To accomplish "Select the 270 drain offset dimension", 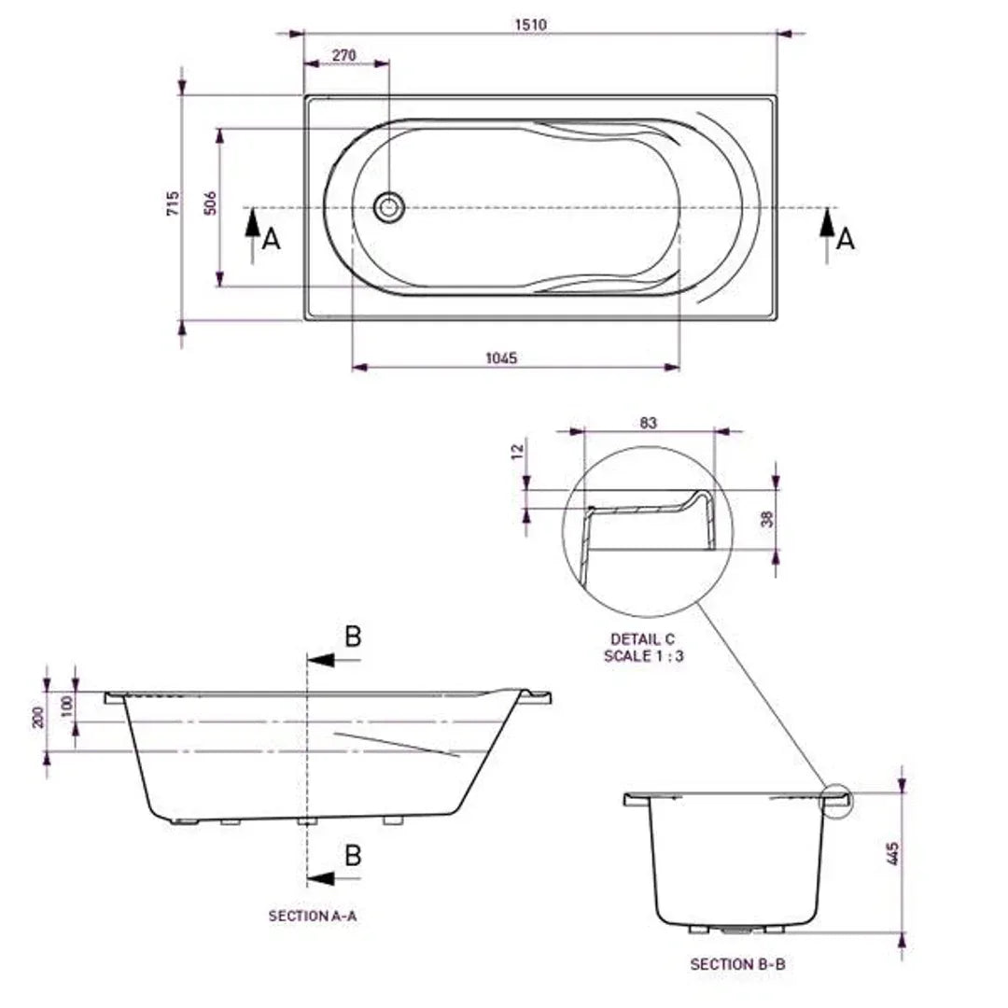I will pyautogui.click(x=344, y=55).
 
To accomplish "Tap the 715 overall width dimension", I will pyautogui.click(x=173, y=203).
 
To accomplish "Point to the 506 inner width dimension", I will pyautogui.click(x=211, y=203).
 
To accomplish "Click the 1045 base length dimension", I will pyautogui.click(x=501, y=357).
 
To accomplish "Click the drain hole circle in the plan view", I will pyautogui.click(x=389, y=207).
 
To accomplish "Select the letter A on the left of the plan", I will pyautogui.click(x=271, y=240).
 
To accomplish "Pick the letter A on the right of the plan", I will pyautogui.click(x=845, y=240).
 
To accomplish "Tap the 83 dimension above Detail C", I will pyautogui.click(x=649, y=423).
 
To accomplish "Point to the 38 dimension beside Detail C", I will pyautogui.click(x=767, y=519).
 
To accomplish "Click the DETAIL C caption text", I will pyautogui.click(x=642, y=639).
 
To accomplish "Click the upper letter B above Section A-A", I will pyautogui.click(x=353, y=637).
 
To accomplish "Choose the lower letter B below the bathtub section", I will pyautogui.click(x=353, y=855).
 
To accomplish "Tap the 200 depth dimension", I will pyautogui.click(x=38, y=718).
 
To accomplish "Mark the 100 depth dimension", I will pyautogui.click(x=66, y=706).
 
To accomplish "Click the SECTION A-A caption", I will pyautogui.click(x=313, y=917).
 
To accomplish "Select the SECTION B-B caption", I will pyautogui.click(x=737, y=964).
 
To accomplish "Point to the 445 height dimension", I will pyautogui.click(x=893, y=855).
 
